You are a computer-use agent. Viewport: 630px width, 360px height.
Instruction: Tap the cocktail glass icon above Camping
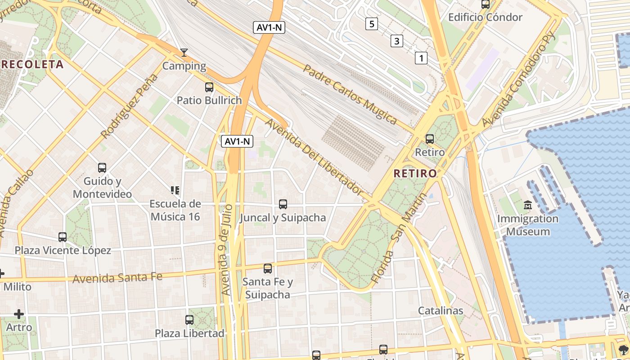point(184,53)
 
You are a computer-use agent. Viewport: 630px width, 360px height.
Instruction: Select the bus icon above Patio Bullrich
point(209,87)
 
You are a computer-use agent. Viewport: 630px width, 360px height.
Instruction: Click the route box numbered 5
point(371,24)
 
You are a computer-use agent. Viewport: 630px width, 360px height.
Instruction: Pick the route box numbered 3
point(396,41)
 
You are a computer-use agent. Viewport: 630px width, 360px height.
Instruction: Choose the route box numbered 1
point(421,58)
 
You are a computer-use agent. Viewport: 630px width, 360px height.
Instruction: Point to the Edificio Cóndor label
point(485,18)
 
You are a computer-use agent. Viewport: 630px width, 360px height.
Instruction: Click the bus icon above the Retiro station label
point(430,139)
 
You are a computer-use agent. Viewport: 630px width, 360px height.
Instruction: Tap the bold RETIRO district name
point(415,173)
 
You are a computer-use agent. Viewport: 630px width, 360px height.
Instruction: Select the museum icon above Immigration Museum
point(528,206)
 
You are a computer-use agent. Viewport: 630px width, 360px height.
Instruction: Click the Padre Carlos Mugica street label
point(350,94)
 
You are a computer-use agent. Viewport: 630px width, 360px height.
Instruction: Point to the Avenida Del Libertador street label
point(314,156)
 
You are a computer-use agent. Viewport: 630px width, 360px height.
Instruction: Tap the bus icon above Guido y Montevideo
point(102,168)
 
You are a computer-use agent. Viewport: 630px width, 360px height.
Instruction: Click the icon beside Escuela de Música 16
point(175,190)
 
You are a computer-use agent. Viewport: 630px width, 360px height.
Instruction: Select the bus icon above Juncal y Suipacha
point(283,204)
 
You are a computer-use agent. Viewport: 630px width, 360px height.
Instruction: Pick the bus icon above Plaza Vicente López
point(63,237)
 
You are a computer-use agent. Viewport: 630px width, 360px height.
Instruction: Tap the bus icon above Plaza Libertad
point(189,320)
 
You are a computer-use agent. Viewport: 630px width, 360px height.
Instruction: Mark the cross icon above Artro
point(19,314)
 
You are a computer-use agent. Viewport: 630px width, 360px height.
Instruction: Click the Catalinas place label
point(441,310)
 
